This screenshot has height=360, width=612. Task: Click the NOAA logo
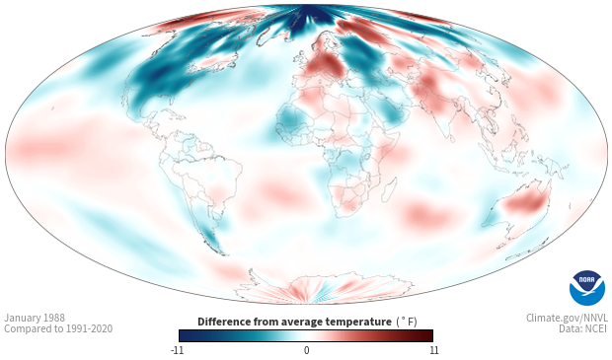(x=587, y=288)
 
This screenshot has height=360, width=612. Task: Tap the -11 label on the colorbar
(x=178, y=350)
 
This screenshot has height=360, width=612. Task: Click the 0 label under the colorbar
(x=306, y=350)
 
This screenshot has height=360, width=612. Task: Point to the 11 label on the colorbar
(x=434, y=350)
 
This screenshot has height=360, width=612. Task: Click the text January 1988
(x=35, y=318)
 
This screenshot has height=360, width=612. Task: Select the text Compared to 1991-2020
(x=58, y=328)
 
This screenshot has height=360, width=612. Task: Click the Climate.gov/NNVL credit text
(x=567, y=318)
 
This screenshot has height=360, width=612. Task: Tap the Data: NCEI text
(x=583, y=328)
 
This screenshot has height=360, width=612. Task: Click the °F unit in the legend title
(x=407, y=323)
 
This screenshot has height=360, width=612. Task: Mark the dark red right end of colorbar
(x=429, y=335)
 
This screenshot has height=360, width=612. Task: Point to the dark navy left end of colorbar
(x=184, y=335)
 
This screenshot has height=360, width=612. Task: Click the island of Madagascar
(x=390, y=189)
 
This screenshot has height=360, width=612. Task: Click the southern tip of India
(x=451, y=141)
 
